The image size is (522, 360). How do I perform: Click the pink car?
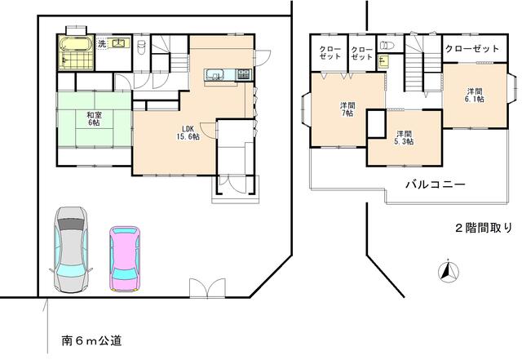pos(125,259)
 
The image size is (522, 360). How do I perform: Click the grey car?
pos(71,249)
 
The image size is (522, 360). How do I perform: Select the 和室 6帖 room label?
pos(94,119)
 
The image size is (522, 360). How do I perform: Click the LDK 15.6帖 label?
pos(188,132)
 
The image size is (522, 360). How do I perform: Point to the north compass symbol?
pos(448,271)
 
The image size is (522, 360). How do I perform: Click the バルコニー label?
pos(436,184)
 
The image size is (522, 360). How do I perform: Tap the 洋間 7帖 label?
pos(347,109)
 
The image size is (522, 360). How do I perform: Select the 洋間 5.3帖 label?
pos(404,137)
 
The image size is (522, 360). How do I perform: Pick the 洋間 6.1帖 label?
pos(475,95)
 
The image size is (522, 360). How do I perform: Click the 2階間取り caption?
pos(484,228)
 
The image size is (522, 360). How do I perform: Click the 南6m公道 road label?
pos(92,340)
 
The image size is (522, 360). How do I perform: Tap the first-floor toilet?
pos(141,47)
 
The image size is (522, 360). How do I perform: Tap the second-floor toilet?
pos(387,45)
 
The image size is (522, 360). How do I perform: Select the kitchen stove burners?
pos(245,74)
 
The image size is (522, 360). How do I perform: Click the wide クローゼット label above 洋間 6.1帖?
pos(472,49)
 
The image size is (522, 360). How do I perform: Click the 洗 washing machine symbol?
pos(101,43)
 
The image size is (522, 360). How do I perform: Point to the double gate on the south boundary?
pos(207,288)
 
